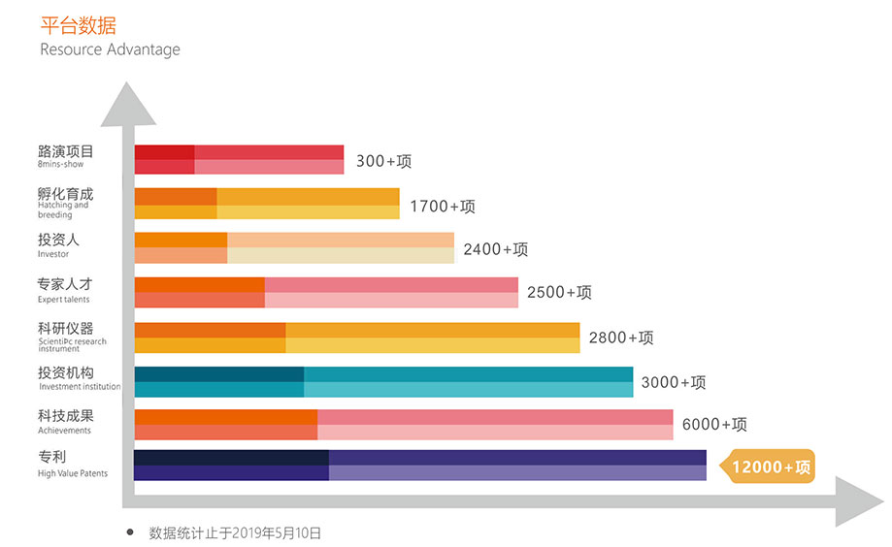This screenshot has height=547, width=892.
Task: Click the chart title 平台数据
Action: pyautogui.click(x=78, y=25)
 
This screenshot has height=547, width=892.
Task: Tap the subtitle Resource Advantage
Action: pyautogui.click(x=110, y=49)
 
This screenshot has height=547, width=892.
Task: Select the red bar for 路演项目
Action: pyautogui.click(x=239, y=159)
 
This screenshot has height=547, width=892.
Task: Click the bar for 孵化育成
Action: pyautogui.click(x=267, y=204)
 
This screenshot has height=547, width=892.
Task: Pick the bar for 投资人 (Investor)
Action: pyautogui.click(x=294, y=247)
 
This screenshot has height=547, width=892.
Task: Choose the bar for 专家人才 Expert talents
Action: pyautogui.click(x=326, y=292)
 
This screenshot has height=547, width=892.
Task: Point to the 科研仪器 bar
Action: pyautogui.click(x=357, y=338)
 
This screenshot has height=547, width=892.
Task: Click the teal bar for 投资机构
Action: pyautogui.click(x=383, y=381)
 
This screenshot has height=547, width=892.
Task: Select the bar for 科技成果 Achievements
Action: pyautogui.click(x=404, y=424)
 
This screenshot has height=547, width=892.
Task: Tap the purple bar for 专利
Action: pyautogui.click(x=420, y=466)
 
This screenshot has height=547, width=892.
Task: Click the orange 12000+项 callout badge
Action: pyautogui.click(x=767, y=467)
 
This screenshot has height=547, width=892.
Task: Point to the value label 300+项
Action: pyautogui.click(x=384, y=161)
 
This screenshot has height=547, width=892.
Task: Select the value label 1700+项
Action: pyautogui.click(x=443, y=206)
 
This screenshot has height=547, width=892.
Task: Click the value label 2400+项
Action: pyautogui.click(x=495, y=249)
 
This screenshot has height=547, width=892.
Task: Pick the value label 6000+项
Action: pyautogui.click(x=714, y=424)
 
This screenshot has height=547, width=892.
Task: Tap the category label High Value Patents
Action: pyautogui.click(x=73, y=473)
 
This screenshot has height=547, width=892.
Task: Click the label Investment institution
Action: pyautogui.click(x=80, y=387)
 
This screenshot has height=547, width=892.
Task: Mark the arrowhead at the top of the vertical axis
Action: pyautogui.click(x=127, y=104)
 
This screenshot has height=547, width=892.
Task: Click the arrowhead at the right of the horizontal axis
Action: pyautogui.click(x=859, y=501)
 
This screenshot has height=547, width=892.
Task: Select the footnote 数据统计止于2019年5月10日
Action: pyautogui.click(x=235, y=532)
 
